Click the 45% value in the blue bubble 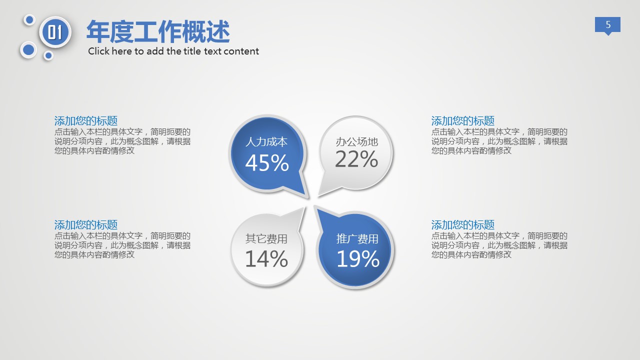pyautogui.click(x=267, y=163)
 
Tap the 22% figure pyautogui.click(x=356, y=159)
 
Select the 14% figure pyautogui.click(x=266, y=258)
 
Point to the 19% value pyautogui.click(x=358, y=258)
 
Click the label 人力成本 pyautogui.click(x=266, y=142)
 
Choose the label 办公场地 pyautogui.click(x=357, y=142)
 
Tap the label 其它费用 pyautogui.click(x=266, y=239)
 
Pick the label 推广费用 pyautogui.click(x=357, y=239)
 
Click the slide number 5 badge pyautogui.click(x=607, y=25)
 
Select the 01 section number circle pyautogui.click(x=55, y=32)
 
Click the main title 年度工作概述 pyautogui.click(x=158, y=31)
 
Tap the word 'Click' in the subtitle pyautogui.click(x=99, y=51)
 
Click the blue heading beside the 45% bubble pyautogui.click(x=86, y=121)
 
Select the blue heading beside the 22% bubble pyautogui.click(x=463, y=121)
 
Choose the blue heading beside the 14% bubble pyautogui.click(x=86, y=225)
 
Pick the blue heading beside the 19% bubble pyautogui.click(x=463, y=225)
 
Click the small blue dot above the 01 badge pyautogui.click(x=29, y=20)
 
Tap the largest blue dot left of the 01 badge pyautogui.click(x=28, y=50)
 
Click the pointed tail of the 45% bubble pyautogui.click(x=308, y=197)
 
